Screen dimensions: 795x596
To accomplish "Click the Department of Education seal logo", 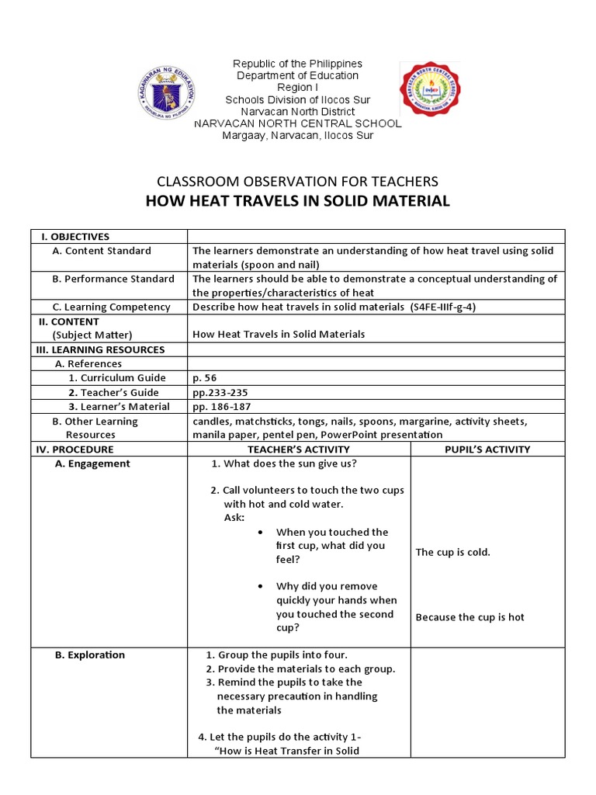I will (x=165, y=92).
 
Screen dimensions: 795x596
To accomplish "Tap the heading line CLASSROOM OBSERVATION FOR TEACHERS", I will (x=297, y=182).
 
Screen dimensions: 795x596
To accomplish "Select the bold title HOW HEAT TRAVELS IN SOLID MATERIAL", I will (x=297, y=201).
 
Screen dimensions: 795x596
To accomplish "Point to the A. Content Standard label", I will (x=102, y=251).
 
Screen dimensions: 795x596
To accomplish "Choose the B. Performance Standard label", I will (x=113, y=279).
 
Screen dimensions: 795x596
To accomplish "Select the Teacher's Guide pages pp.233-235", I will (x=220, y=392).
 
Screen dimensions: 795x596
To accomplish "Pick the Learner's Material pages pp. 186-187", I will (x=222, y=406).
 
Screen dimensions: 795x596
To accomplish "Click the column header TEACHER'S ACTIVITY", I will (x=299, y=449).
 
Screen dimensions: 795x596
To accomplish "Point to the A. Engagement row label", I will (x=92, y=463).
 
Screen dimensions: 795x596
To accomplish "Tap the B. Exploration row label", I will (x=90, y=654).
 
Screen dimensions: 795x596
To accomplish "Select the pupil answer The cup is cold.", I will (x=453, y=552).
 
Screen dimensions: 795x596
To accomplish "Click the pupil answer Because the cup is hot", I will (x=470, y=617).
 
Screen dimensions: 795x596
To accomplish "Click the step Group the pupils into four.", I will (x=282, y=654).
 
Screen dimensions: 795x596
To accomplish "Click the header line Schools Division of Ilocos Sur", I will (x=298, y=100).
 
